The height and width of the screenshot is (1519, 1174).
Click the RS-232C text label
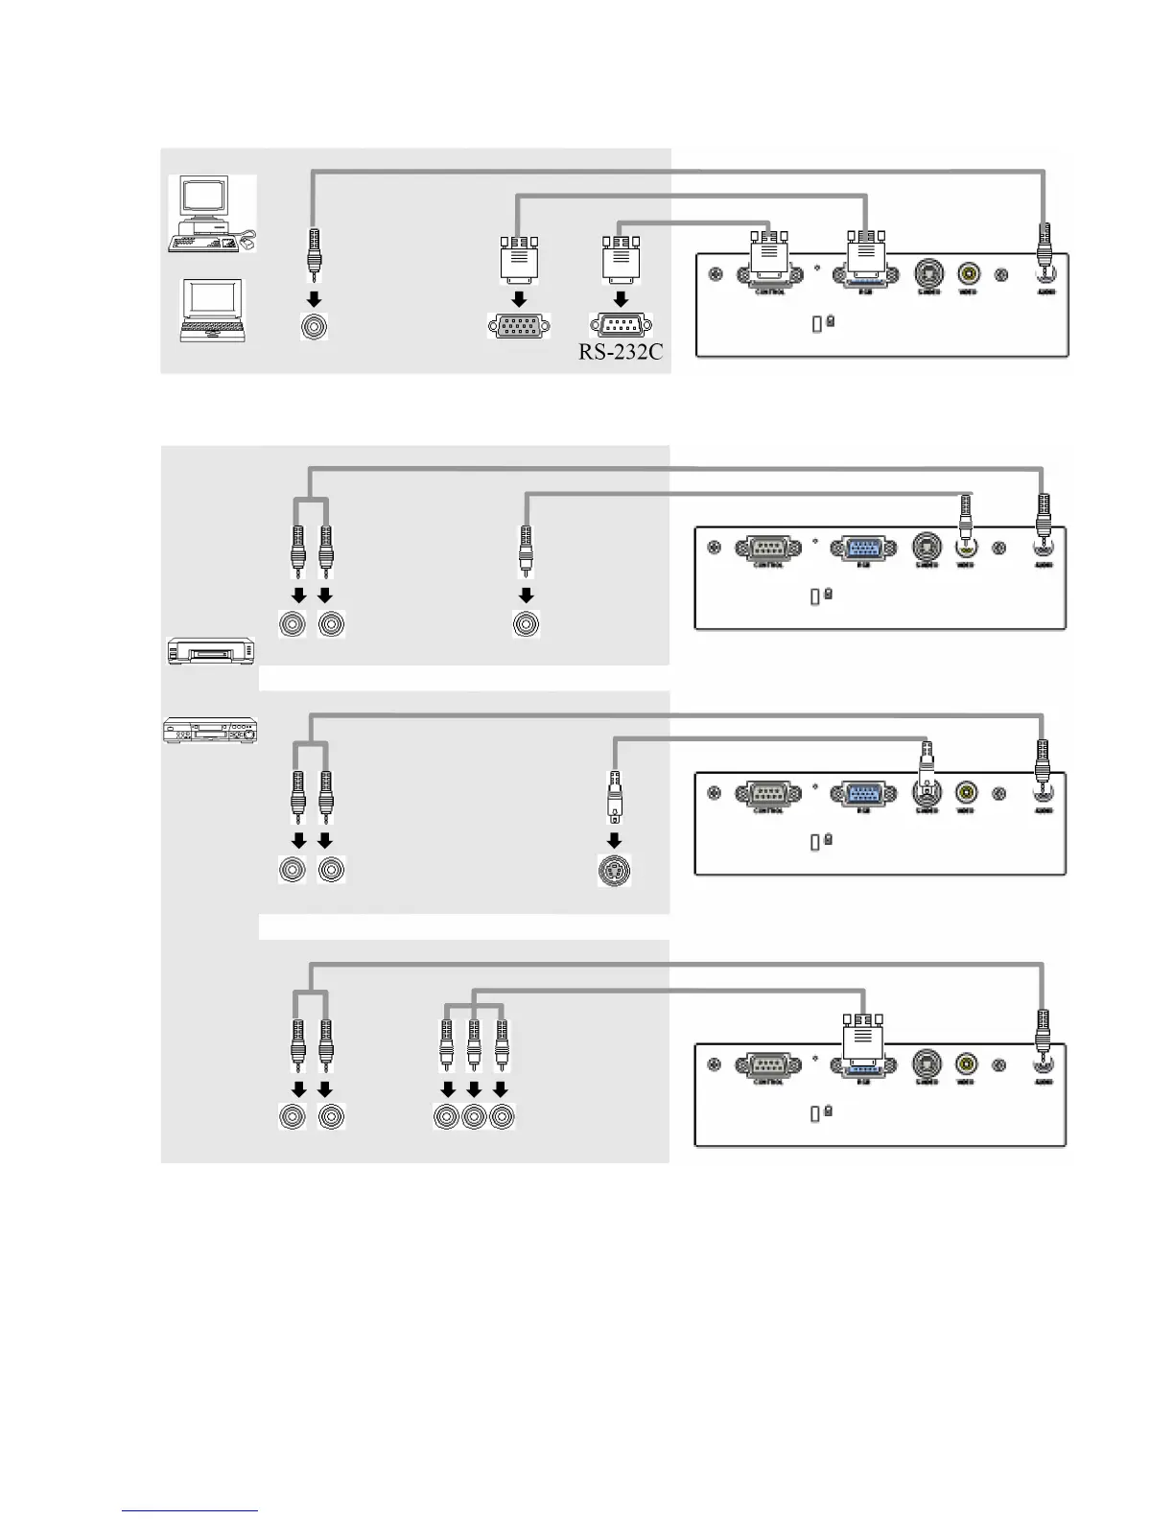pos(621,351)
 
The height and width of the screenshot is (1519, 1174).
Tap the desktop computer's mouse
pos(247,244)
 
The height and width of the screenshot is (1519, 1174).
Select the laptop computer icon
pos(212,311)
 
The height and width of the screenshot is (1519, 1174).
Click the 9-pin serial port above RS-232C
pos(621,326)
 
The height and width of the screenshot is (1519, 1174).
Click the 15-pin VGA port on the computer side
pos(519,326)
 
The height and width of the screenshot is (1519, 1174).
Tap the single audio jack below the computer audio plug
pos(313,327)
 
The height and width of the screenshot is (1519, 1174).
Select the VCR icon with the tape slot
pos(207,652)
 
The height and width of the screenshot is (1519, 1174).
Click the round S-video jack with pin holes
pos(615,872)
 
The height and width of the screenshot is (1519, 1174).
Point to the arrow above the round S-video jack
pos(615,841)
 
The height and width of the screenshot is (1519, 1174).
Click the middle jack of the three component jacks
pos(474,1117)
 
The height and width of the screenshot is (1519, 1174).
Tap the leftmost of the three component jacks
pos(447,1117)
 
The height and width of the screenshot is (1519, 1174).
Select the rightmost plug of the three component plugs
pos(501,1045)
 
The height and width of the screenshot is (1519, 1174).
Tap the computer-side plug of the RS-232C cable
pos(621,256)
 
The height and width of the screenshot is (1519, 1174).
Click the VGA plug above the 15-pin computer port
pos(519,256)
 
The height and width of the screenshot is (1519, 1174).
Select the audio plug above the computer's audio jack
pos(313,251)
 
